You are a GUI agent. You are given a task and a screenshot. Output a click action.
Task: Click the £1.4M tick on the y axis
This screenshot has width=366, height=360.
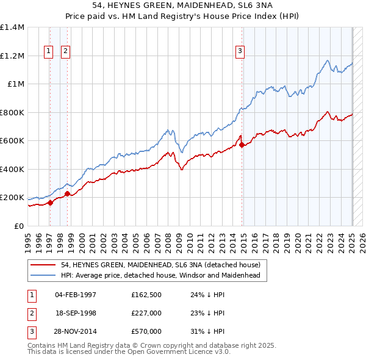pos(12,27)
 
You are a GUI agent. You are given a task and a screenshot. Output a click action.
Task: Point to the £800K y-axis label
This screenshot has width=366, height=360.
pos(12,112)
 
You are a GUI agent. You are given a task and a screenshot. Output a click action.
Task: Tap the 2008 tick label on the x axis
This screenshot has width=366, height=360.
pos(168,238)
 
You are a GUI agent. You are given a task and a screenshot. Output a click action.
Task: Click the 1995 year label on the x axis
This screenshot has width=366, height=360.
pos(28,238)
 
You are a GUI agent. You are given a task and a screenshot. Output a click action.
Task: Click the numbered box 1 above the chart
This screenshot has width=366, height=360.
pos(48,51)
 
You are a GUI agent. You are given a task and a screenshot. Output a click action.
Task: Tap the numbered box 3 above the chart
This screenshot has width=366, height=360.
pos(240,51)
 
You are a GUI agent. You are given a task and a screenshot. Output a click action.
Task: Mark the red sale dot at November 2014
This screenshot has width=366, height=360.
pos(243,145)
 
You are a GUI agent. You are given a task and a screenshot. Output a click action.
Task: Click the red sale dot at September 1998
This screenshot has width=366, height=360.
pos(67,193)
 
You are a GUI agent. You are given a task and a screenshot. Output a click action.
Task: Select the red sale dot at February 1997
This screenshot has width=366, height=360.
pos(50,203)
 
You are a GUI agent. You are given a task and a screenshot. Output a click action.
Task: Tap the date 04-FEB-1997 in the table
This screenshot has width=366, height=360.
pos(76,295)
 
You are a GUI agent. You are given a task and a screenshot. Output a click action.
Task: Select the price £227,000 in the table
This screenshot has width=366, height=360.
pos(146,313)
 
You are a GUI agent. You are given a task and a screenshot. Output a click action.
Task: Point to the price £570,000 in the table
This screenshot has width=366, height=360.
pos(146,331)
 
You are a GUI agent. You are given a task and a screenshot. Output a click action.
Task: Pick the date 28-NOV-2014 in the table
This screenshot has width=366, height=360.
pos(76,331)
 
